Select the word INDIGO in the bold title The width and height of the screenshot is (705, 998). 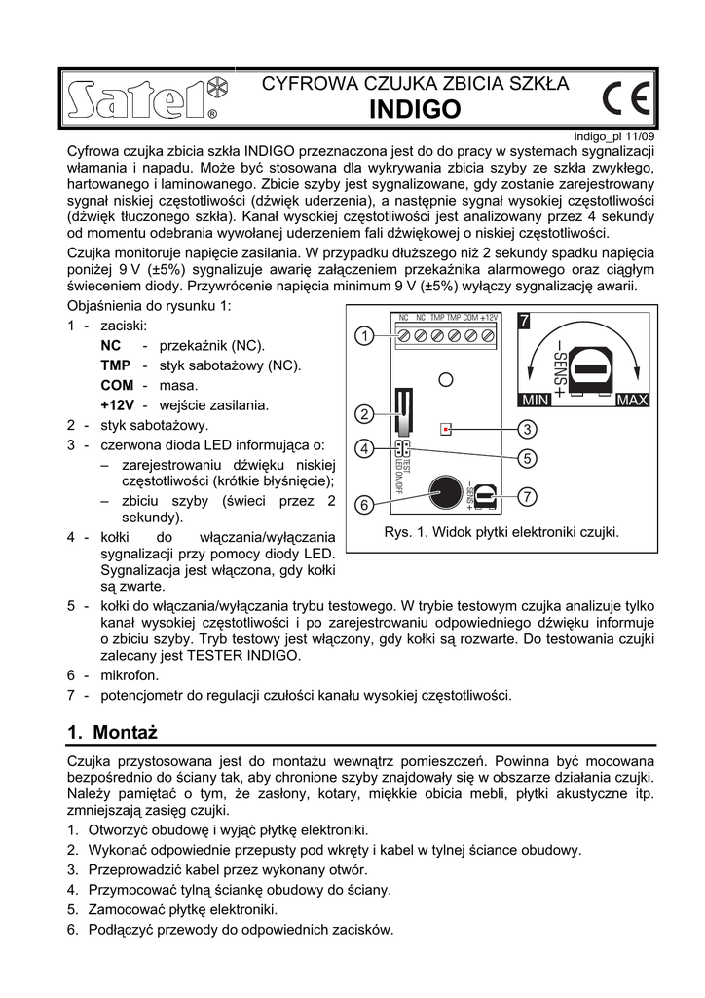(415, 110)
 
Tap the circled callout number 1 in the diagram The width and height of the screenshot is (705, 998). (362, 336)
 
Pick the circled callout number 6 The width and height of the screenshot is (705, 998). (362, 505)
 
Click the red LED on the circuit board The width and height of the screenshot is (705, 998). (446, 428)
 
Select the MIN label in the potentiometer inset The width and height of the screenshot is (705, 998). (537, 401)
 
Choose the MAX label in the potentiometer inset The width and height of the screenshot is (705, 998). (632, 401)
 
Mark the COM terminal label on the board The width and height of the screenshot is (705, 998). (470, 318)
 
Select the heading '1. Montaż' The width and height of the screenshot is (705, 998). (113, 731)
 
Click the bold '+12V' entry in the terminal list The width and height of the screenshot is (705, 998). (118, 404)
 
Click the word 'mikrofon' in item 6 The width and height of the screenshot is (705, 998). (129, 674)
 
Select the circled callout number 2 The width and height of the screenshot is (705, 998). (362, 415)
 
